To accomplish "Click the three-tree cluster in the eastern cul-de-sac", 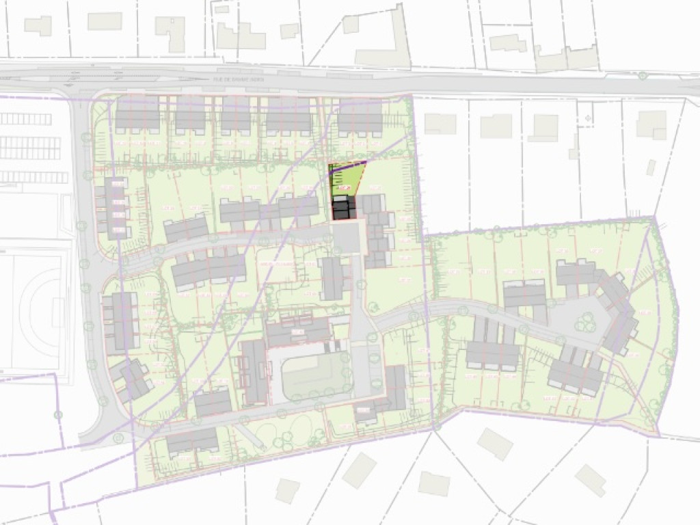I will tap(584, 319).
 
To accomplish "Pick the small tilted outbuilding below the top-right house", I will tap(651, 167).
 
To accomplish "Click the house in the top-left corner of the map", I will tap(38, 26).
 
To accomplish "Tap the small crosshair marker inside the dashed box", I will tap(586, 118).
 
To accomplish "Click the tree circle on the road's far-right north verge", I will tap(643, 75).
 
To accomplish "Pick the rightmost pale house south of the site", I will tap(589, 480).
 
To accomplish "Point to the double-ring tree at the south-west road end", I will tap(118, 437).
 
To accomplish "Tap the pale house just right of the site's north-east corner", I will tap(440, 124).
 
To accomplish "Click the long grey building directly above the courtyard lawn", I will tap(299, 333).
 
